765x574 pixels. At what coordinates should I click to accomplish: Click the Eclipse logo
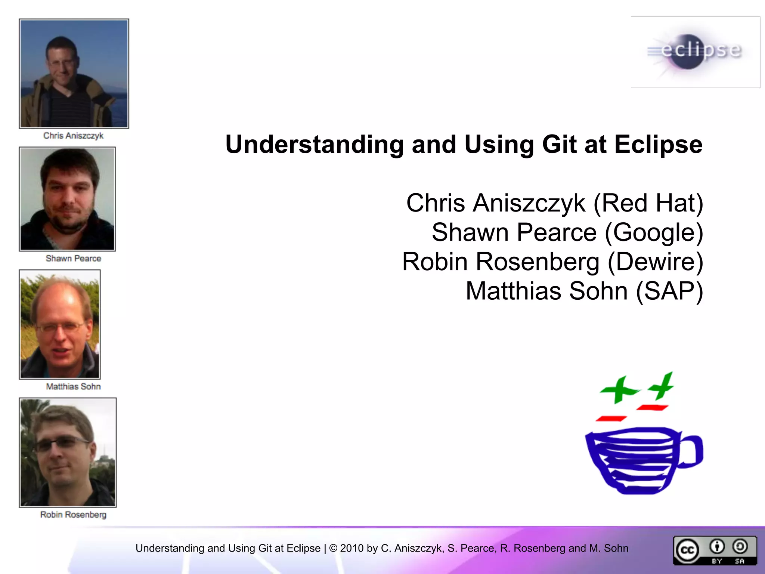click(696, 52)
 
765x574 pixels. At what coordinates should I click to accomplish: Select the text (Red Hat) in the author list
click(648, 203)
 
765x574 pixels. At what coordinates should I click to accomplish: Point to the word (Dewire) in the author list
click(655, 262)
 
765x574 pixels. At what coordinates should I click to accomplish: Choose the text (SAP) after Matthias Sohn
click(669, 291)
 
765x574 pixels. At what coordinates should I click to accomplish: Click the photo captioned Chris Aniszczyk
click(74, 74)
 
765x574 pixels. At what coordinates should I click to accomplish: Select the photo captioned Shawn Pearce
click(68, 199)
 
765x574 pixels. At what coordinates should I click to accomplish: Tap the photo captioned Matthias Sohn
click(60, 324)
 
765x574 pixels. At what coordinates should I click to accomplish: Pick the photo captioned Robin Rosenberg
click(68, 453)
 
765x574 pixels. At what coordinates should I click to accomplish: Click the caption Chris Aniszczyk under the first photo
click(73, 136)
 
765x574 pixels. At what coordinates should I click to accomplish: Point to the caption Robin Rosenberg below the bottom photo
click(73, 515)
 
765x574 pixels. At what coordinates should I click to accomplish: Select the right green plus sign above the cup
click(662, 386)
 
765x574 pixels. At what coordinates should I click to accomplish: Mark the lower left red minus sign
click(611, 419)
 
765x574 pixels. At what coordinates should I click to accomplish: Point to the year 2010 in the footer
click(351, 548)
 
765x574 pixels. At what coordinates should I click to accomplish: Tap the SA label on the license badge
click(740, 561)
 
